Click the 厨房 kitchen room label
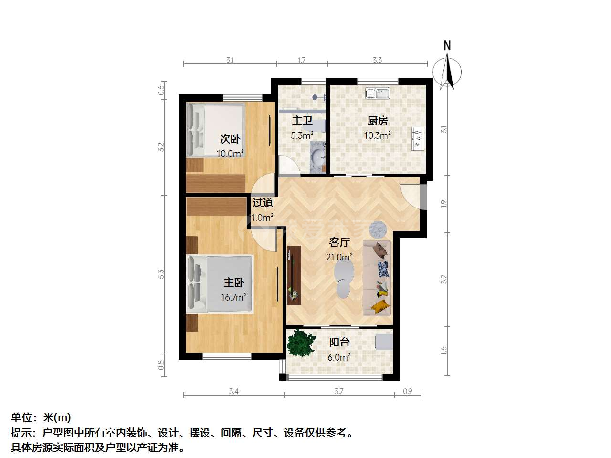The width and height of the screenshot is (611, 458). (377, 121)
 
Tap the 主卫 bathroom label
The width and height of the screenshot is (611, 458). (302, 121)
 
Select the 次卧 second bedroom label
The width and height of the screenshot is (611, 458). (230, 139)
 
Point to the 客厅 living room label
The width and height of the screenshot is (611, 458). (339, 242)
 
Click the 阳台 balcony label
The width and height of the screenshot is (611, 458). (339, 343)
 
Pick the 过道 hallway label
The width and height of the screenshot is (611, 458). (262, 203)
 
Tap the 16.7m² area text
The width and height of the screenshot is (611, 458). (234, 297)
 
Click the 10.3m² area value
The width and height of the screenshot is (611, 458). (378, 135)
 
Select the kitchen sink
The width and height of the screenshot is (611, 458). (378, 93)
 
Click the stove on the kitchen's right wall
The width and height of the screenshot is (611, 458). (418, 139)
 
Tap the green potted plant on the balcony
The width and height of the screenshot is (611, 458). (302, 343)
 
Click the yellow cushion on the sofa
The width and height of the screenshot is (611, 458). (380, 306)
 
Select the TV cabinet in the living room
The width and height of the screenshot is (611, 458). (294, 276)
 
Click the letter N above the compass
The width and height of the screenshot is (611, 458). (447, 45)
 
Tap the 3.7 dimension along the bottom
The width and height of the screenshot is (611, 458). (339, 392)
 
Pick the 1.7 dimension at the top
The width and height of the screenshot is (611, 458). (302, 60)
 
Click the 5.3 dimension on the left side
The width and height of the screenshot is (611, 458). (161, 274)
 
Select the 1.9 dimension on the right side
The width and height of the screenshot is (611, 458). (444, 204)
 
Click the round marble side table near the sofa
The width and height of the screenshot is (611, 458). (378, 229)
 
